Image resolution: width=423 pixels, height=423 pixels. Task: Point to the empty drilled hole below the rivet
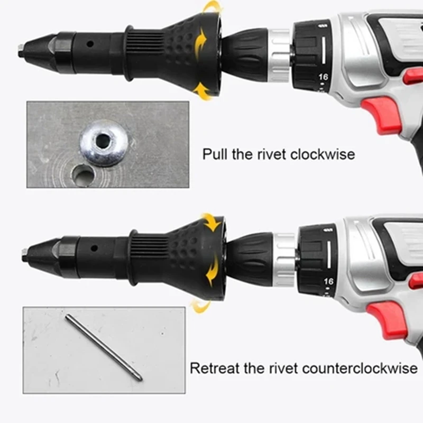(x=84, y=175)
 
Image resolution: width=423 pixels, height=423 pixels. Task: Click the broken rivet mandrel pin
(x=104, y=347)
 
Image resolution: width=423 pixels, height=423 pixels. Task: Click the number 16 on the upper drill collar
(x=323, y=77)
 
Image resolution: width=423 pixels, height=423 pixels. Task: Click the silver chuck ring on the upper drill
(x=278, y=56)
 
